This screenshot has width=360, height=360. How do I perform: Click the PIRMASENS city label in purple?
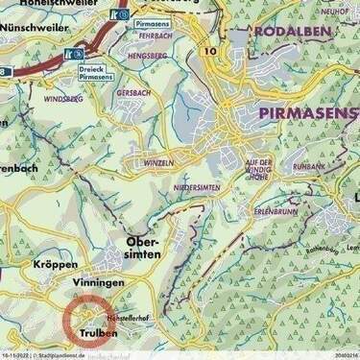click(308, 113)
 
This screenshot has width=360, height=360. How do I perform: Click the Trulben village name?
click(100, 333)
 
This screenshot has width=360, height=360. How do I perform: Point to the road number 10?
click(209, 48)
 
